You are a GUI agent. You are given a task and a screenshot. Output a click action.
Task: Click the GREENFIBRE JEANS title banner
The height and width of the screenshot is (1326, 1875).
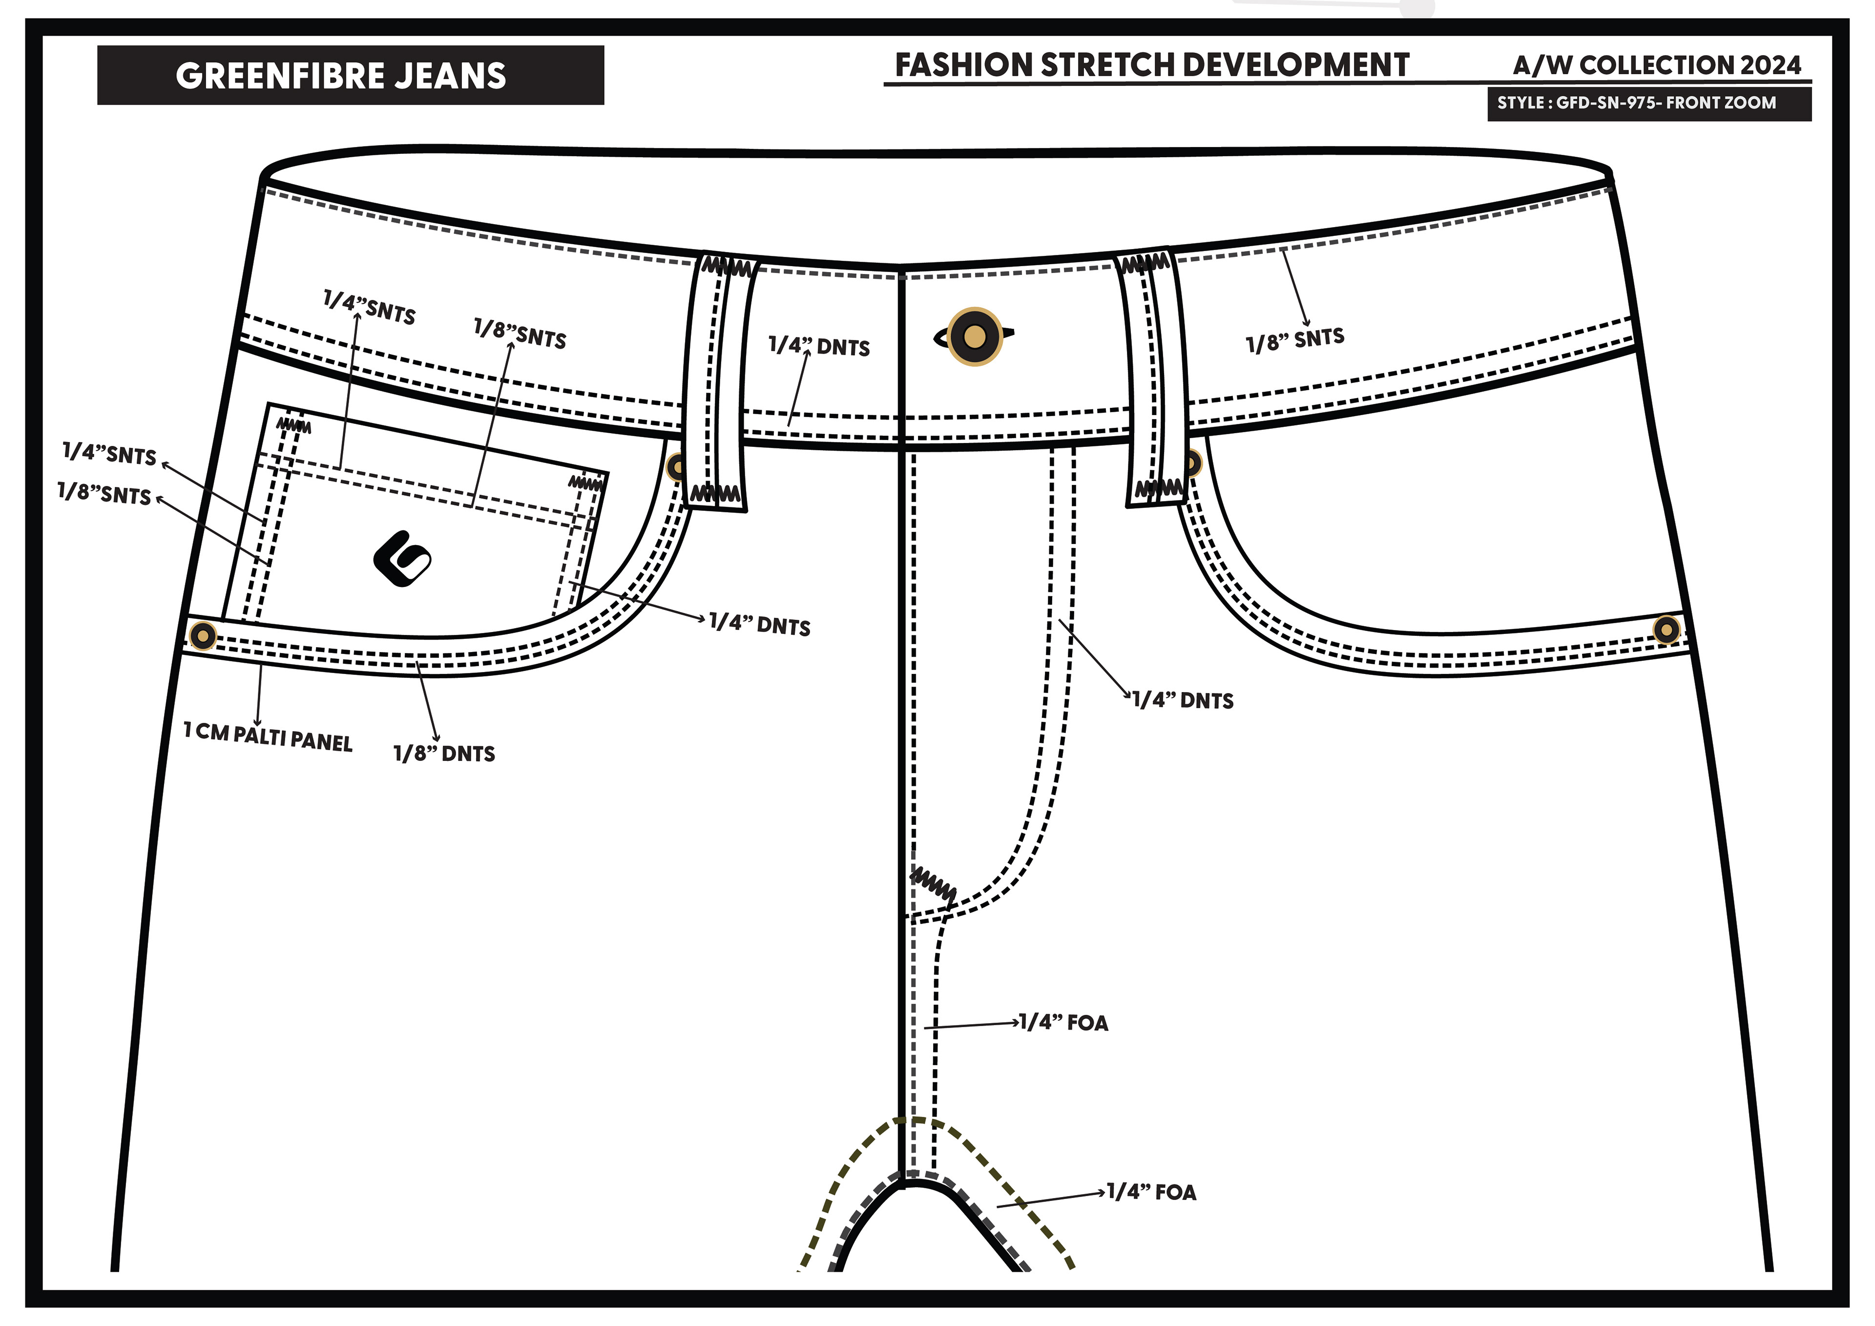[x=350, y=75]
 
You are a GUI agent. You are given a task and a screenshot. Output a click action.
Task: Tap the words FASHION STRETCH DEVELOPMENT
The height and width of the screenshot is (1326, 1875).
[x=1151, y=65]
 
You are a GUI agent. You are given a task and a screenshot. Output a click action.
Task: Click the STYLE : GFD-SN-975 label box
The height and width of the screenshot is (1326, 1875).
[x=1648, y=104]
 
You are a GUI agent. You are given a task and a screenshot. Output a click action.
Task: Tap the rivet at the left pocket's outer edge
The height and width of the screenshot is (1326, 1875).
[x=203, y=635]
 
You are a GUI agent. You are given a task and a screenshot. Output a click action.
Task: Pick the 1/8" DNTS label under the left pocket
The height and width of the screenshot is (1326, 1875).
[x=444, y=753]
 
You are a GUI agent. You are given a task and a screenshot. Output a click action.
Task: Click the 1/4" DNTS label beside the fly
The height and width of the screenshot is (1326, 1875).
[x=1183, y=700]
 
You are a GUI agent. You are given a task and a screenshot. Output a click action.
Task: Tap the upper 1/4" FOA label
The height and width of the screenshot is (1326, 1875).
[x=1063, y=1023]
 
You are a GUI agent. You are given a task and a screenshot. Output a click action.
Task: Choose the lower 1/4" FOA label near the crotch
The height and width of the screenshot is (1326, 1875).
[x=1151, y=1193]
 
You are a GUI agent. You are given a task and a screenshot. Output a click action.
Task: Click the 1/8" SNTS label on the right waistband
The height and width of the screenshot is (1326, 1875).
[x=1295, y=340]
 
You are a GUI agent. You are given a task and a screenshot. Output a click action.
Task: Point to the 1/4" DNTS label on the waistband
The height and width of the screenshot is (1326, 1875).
[x=819, y=346]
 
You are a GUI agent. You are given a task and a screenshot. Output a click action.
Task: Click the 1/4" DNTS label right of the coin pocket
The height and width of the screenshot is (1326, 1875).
[x=759, y=625]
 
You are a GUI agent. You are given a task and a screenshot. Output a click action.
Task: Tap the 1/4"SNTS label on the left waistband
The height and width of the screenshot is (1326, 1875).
[x=369, y=307]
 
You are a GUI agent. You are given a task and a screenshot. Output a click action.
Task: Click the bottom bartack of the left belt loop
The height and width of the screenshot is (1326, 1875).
[x=715, y=493]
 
